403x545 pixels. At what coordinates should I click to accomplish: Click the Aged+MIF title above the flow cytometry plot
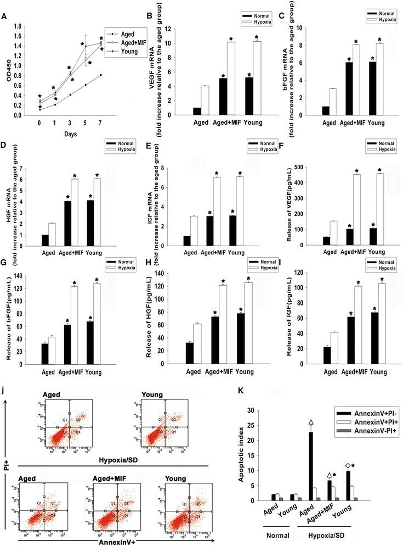(100, 457)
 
